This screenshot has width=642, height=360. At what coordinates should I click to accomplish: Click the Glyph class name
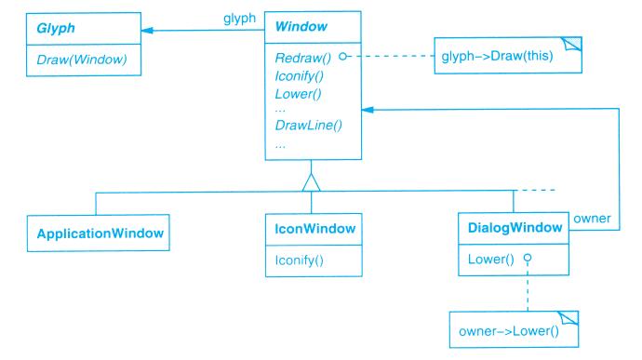56,28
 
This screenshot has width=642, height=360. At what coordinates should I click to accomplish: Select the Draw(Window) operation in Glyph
82,60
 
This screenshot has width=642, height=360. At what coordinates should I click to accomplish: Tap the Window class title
301,27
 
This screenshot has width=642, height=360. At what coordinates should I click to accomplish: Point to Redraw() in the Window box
303,59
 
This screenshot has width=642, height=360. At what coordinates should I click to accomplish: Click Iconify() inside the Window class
300,76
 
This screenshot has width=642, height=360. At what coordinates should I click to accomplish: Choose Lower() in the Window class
298,94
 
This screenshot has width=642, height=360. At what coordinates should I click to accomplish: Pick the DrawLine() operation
308,125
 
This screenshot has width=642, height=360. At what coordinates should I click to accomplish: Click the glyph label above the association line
239,19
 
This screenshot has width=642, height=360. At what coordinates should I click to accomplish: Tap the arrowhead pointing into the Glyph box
147,31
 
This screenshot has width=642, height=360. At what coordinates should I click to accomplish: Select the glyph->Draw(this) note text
497,56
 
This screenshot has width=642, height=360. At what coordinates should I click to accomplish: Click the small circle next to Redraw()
343,56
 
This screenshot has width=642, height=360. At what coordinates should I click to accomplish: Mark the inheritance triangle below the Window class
311,182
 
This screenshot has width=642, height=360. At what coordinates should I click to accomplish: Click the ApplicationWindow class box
99,233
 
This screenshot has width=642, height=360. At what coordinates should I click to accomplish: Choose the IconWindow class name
314,229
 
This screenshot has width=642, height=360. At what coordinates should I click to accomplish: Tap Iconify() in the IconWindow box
300,260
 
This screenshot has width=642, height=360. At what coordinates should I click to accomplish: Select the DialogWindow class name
515,228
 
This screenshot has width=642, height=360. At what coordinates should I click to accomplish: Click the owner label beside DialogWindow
592,219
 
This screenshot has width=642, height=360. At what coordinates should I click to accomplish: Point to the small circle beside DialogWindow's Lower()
528,258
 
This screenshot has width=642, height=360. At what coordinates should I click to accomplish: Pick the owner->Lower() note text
509,331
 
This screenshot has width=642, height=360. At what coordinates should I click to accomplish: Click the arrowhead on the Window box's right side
368,110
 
